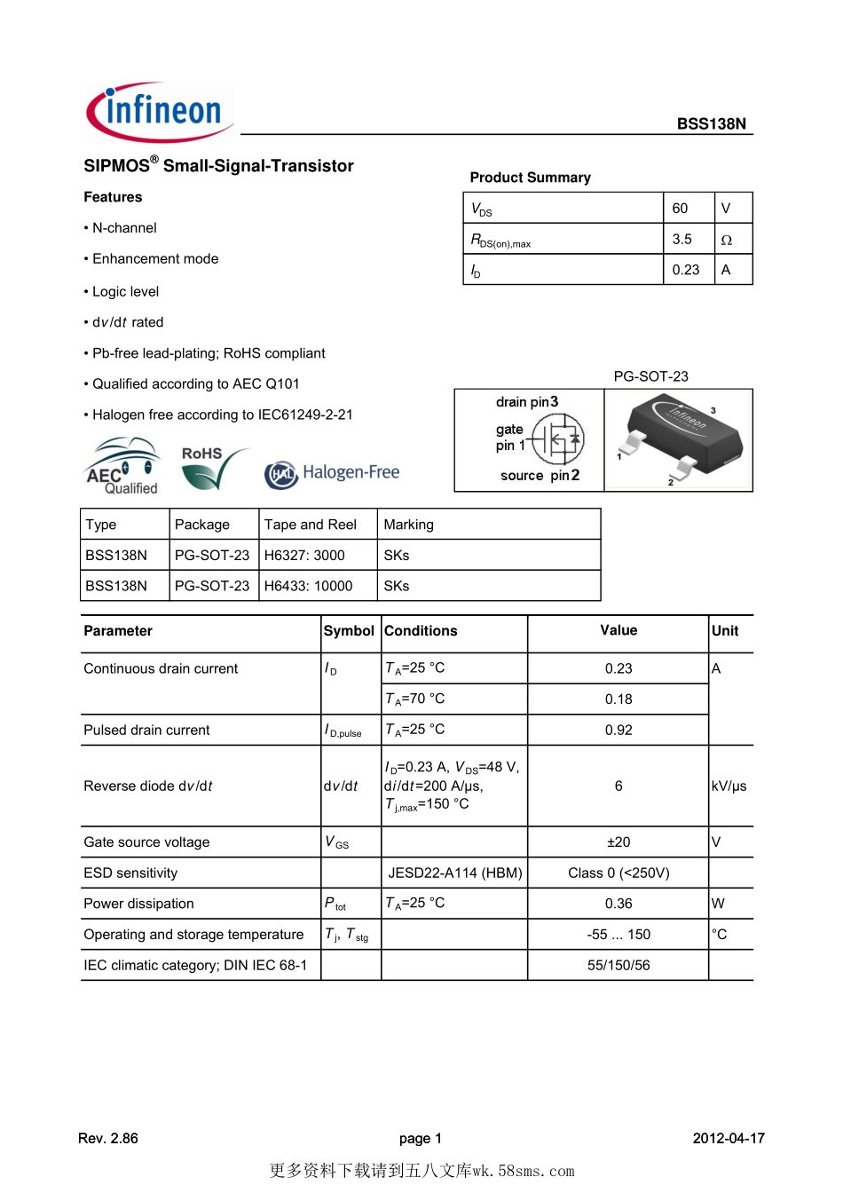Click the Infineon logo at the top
tap(160, 112)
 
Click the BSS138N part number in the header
tap(711, 124)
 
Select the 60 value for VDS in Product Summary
tap(680, 209)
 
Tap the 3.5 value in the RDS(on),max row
tap(681, 240)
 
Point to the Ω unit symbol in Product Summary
tap(726, 240)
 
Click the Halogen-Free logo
tap(333, 474)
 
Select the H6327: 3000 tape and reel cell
tap(304, 556)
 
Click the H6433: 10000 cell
tap(308, 586)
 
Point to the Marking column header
tap(408, 525)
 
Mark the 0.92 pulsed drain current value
tap(618, 731)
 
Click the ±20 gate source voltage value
tap(618, 842)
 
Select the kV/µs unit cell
tap(729, 786)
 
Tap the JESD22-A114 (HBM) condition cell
tap(454, 873)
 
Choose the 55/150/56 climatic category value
tap(618, 966)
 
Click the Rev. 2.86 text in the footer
tap(108, 1139)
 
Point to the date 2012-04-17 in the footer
tap(729, 1139)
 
